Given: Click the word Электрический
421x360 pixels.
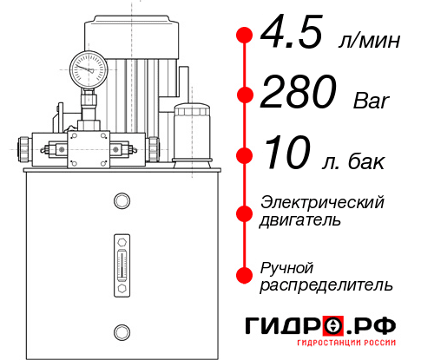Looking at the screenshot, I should (x=322, y=202).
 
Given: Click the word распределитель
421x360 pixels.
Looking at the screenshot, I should (x=326, y=284).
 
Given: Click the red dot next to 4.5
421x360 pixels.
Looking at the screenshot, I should (x=244, y=35).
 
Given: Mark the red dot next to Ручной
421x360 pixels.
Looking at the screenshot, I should (x=244, y=274).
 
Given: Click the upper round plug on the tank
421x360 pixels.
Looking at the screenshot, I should (x=121, y=201).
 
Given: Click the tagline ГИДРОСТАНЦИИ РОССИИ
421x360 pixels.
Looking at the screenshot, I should (x=346, y=350).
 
